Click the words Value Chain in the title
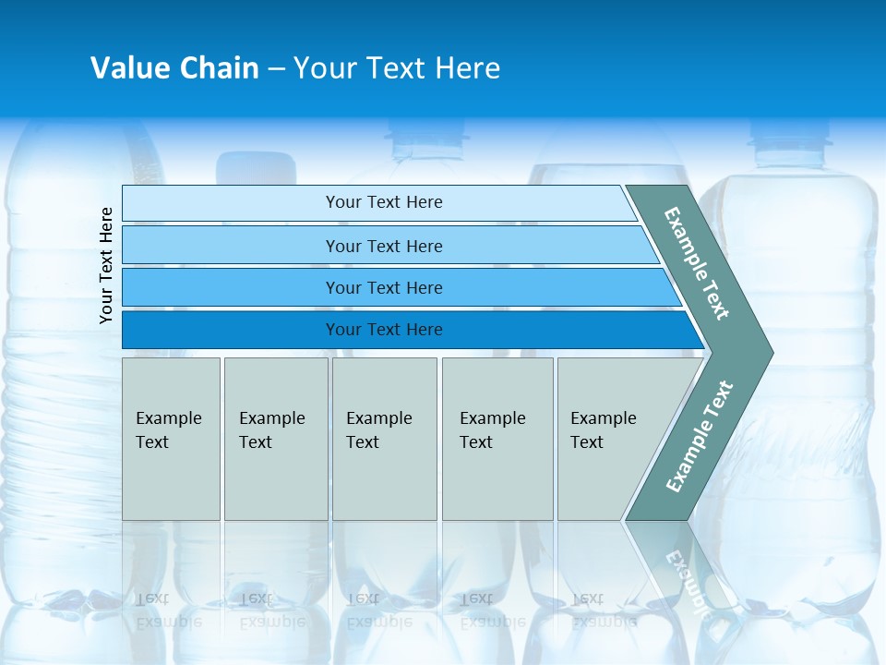(174, 68)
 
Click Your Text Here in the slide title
(397, 68)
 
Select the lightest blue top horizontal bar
(384, 202)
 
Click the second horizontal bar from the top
(384, 246)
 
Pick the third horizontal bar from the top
(384, 287)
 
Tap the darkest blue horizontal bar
(384, 330)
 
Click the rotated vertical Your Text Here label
(106, 265)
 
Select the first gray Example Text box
(171, 439)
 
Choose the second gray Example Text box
(275, 439)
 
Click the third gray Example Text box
(384, 439)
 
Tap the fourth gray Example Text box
(497, 439)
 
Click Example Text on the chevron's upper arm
(697, 263)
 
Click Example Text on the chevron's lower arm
(700, 436)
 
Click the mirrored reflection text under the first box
(168, 611)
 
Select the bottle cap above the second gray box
(257, 166)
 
